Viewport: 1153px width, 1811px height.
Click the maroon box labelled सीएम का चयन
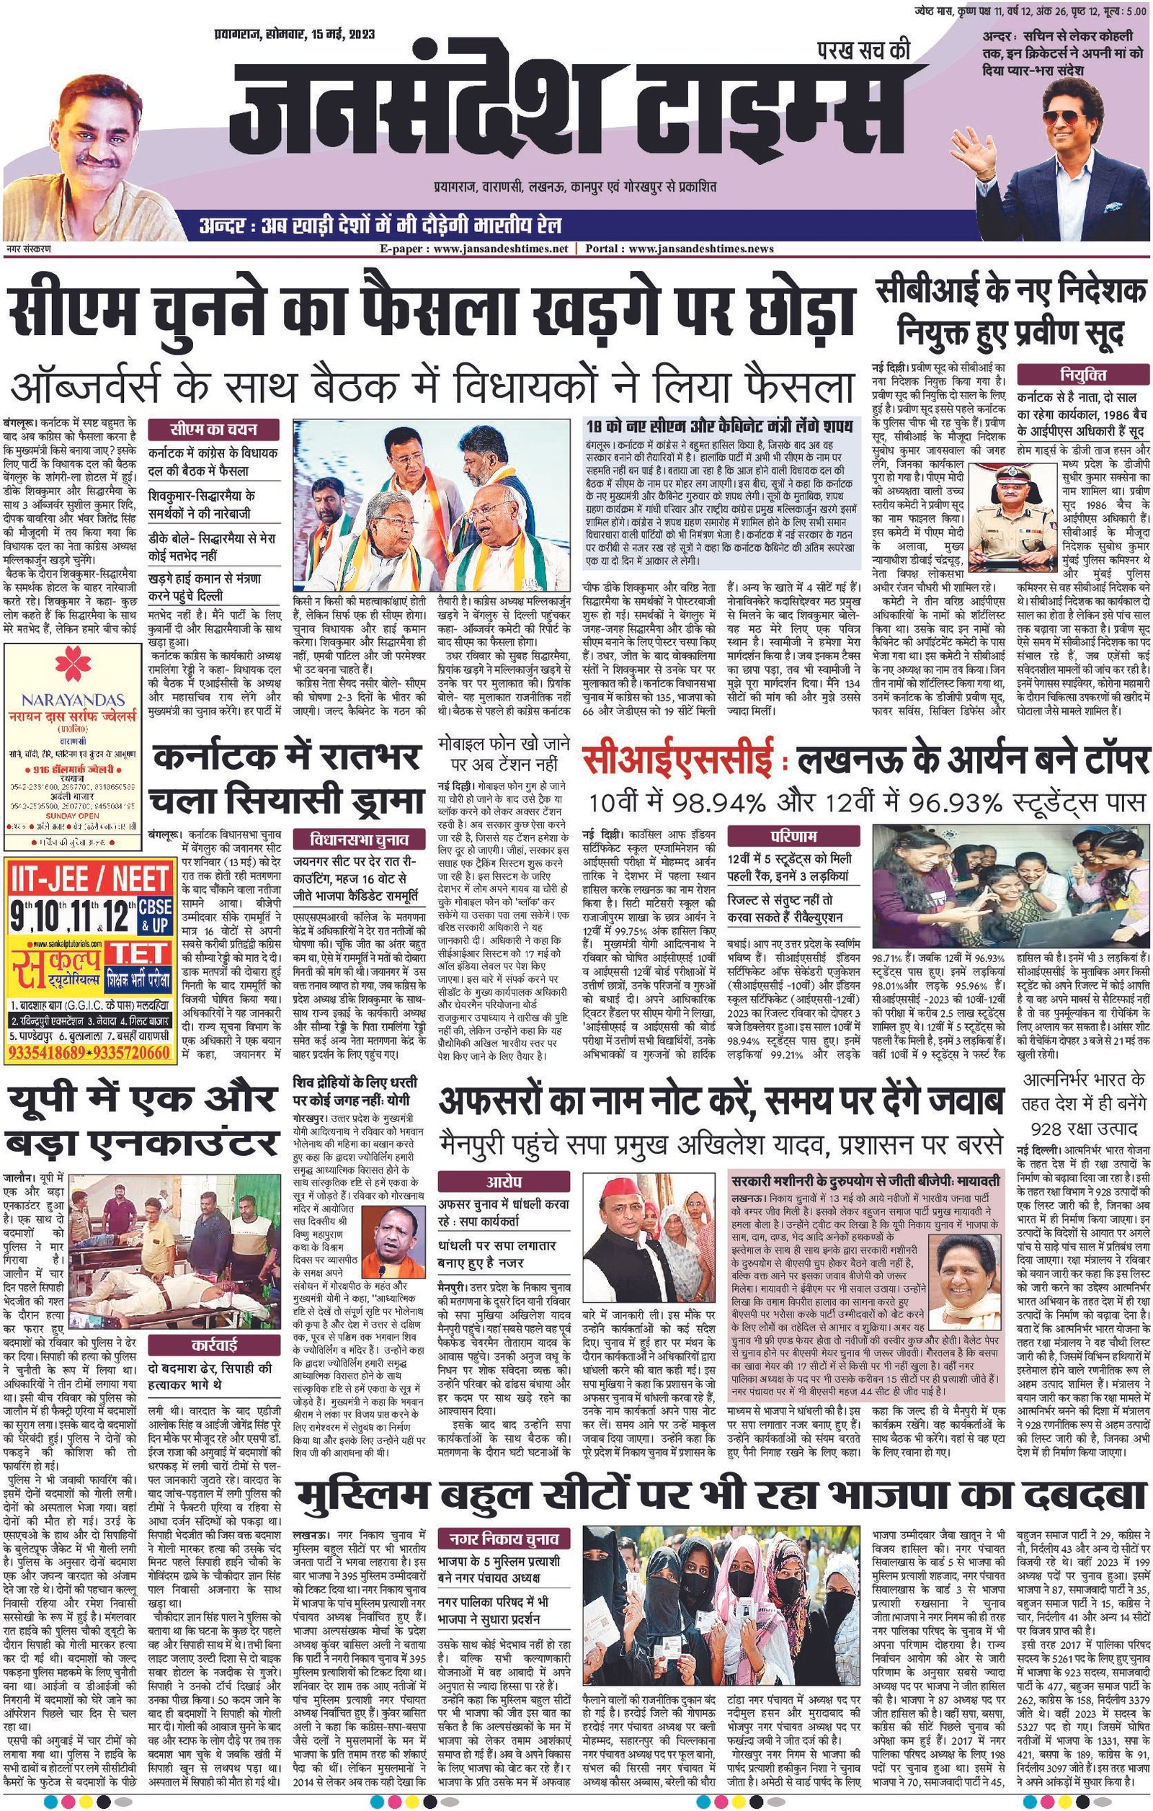point(213,430)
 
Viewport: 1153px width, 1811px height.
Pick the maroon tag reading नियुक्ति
point(1083,375)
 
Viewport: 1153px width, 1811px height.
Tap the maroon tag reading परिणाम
point(793,836)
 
